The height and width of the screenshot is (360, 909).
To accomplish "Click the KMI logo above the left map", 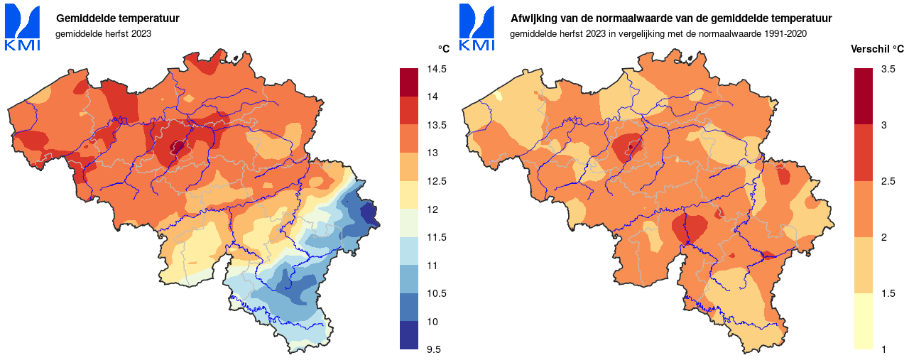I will [x=23, y=27].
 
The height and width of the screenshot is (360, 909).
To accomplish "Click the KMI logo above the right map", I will [x=477, y=27].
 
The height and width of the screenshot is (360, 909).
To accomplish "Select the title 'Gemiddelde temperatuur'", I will [x=117, y=18].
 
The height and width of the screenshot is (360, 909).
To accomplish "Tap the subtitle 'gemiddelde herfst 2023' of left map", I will [x=103, y=33].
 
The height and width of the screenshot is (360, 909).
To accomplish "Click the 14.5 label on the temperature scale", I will [x=437, y=69].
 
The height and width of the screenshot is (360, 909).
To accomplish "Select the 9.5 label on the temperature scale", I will [x=434, y=349].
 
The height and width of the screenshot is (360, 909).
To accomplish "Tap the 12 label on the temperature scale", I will [x=431, y=209].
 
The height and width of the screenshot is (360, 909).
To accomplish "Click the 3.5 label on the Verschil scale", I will [x=888, y=69].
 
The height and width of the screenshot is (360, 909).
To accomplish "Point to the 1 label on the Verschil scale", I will [x=883, y=349].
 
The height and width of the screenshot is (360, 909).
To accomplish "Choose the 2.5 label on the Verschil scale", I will [x=888, y=181].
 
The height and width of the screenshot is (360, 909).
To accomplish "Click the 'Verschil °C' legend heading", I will [x=877, y=49].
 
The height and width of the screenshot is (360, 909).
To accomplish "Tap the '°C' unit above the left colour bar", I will [x=443, y=49].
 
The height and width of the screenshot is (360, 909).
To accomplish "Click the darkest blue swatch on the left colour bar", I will [x=410, y=335].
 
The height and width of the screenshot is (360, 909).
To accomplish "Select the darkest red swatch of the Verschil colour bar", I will [x=864, y=96].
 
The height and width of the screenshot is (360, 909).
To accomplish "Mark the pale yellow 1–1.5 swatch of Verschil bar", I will [x=864, y=321].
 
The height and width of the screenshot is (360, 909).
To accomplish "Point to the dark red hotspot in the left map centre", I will [x=177, y=147].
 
